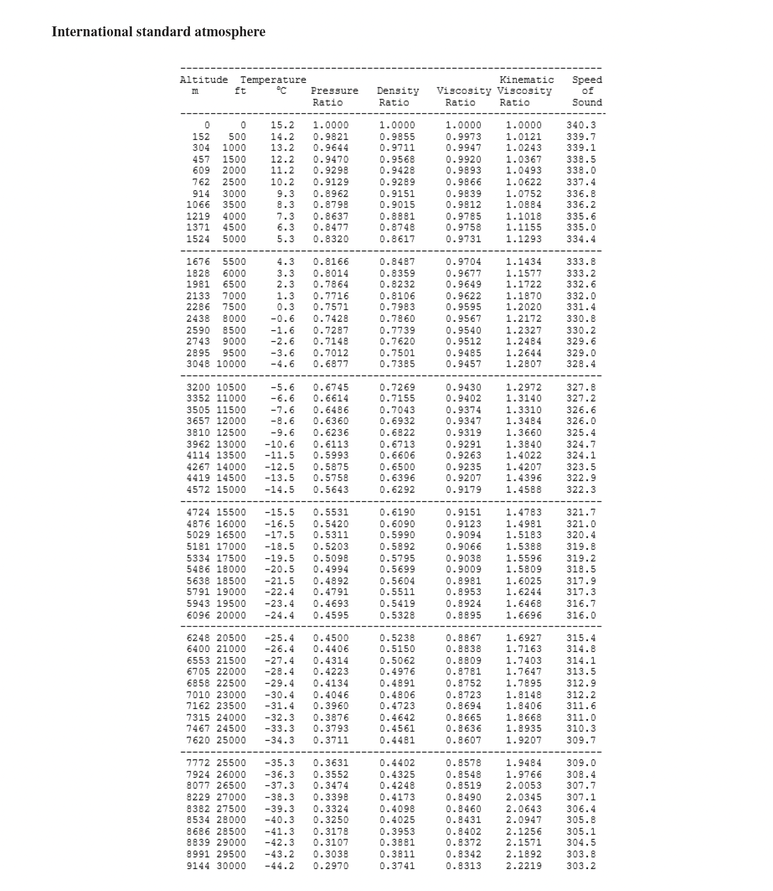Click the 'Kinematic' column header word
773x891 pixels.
(526, 80)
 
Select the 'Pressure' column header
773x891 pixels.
(334, 91)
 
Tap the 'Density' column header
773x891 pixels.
(397, 91)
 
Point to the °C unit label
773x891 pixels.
(281, 91)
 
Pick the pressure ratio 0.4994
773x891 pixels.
(331, 570)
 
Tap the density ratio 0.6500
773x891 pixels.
(397, 467)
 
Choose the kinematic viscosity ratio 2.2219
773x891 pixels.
(523, 866)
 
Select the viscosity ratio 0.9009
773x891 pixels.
(463, 570)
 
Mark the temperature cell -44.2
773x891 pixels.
(279, 866)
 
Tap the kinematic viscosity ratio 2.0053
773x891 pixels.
(523, 786)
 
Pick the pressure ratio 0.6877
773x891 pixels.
(331, 364)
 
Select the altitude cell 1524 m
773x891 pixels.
(198, 239)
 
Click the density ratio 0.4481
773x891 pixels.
(397, 740)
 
